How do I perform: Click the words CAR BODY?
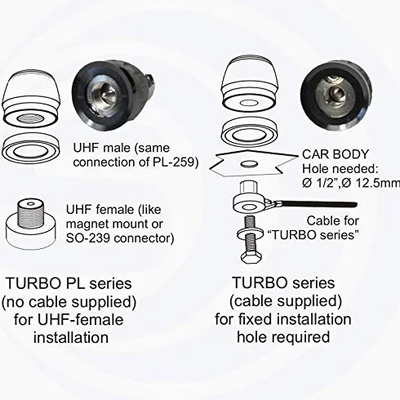pos(336,154)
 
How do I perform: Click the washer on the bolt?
pos(251,233)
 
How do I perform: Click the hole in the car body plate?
pos(250,164)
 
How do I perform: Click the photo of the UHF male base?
pos(113,96)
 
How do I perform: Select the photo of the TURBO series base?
pos(337,95)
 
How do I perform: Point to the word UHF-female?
pos(80,319)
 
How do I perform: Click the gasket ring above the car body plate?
pos(250,132)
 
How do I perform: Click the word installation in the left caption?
pos(71,337)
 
